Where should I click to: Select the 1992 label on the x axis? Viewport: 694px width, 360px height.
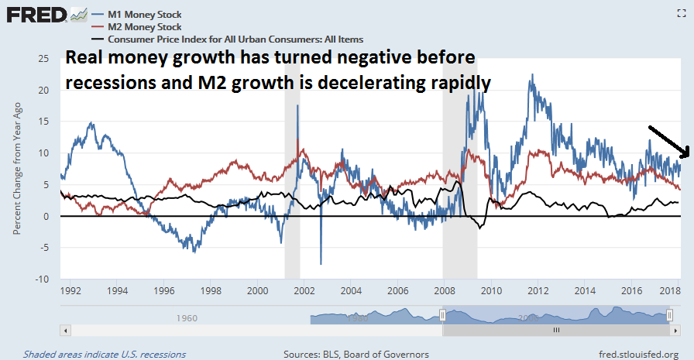[70, 291]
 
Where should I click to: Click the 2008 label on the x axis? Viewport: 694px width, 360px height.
[445, 291]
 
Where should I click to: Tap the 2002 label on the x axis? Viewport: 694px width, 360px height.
[304, 291]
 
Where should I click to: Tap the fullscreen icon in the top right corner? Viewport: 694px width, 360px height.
[681, 12]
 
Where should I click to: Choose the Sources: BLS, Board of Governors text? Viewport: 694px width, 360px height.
[356, 354]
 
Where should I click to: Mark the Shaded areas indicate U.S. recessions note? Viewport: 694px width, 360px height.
[104, 354]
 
